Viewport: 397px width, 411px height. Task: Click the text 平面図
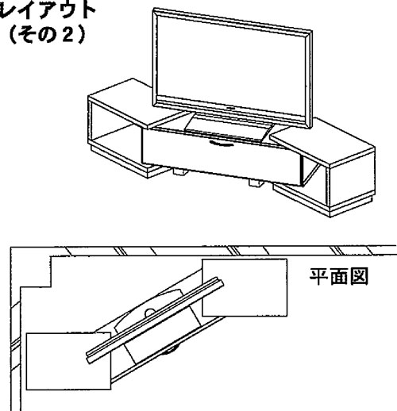click(x=339, y=277)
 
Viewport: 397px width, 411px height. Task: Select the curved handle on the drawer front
click(x=222, y=143)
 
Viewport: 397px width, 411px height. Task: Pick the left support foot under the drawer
click(x=180, y=172)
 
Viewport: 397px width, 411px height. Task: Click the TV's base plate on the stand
click(x=228, y=129)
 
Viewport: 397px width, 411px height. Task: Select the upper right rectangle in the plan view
click(x=245, y=287)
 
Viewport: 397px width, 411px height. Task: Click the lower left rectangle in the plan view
click(x=68, y=361)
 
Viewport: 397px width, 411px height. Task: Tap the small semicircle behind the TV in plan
click(x=150, y=313)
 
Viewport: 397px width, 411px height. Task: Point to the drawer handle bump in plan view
click(x=172, y=351)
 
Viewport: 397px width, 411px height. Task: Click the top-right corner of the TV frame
click(x=312, y=31)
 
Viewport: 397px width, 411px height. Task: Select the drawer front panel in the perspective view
click(x=222, y=157)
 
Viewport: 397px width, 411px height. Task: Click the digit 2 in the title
click(x=67, y=35)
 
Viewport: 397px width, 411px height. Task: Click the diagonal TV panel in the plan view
click(x=156, y=321)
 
